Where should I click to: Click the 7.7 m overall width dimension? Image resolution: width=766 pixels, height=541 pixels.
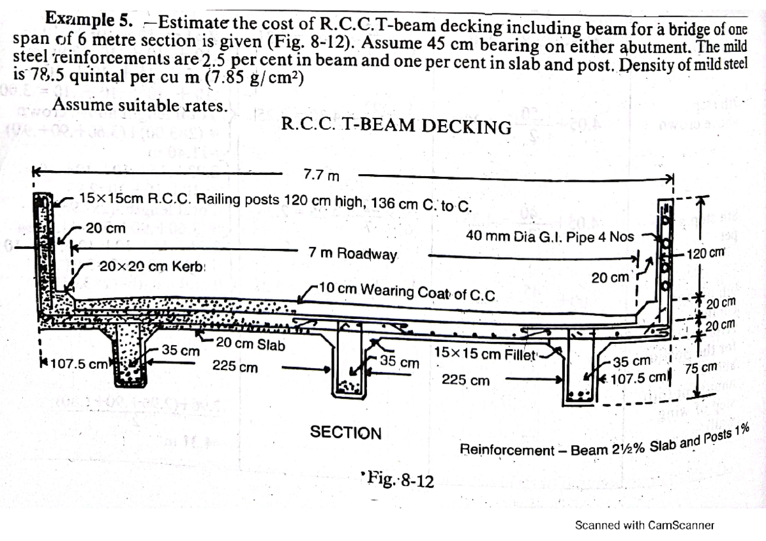coord(320,174)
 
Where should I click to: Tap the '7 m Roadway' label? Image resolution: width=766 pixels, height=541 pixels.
coord(352,253)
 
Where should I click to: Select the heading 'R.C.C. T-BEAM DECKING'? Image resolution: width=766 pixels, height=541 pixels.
coord(396,126)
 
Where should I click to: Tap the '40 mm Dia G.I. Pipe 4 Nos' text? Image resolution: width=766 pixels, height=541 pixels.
coord(550,237)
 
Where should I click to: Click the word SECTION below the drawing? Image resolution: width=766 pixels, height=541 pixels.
coord(345,433)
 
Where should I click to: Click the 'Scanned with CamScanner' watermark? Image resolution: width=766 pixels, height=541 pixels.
coord(644,525)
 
